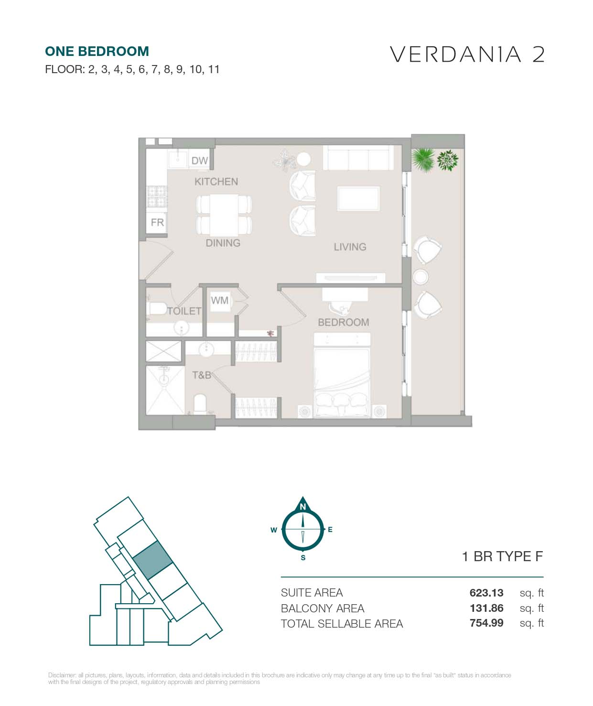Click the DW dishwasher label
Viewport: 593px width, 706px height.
pyautogui.click(x=199, y=161)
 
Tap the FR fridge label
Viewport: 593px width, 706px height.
pyautogui.click(x=157, y=222)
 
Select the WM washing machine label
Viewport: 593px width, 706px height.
pyautogui.click(x=219, y=300)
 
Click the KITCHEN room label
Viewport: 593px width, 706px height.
pyautogui.click(x=216, y=182)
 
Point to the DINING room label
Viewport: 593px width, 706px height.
pyautogui.click(x=223, y=243)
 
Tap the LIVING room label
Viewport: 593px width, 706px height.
pyautogui.click(x=350, y=247)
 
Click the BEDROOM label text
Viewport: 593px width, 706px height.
pyautogui.click(x=343, y=322)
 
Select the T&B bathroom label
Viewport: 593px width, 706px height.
pyautogui.click(x=202, y=375)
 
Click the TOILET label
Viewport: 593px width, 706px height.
pyautogui.click(x=184, y=311)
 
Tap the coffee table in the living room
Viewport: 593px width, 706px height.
pyautogui.click(x=358, y=198)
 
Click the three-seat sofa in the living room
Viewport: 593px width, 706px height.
pyautogui.click(x=358, y=158)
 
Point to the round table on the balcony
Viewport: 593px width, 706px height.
pyautogui.click(x=420, y=277)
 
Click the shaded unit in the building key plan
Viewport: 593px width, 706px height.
pyautogui.click(x=153, y=560)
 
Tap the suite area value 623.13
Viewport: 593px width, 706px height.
pyautogui.click(x=486, y=593)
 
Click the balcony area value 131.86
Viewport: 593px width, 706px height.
pyautogui.click(x=486, y=608)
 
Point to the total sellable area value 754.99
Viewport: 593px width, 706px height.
pyautogui.click(x=486, y=623)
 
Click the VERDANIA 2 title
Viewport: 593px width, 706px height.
pyautogui.click(x=467, y=55)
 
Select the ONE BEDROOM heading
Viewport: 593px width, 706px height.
pyautogui.click(x=97, y=52)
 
